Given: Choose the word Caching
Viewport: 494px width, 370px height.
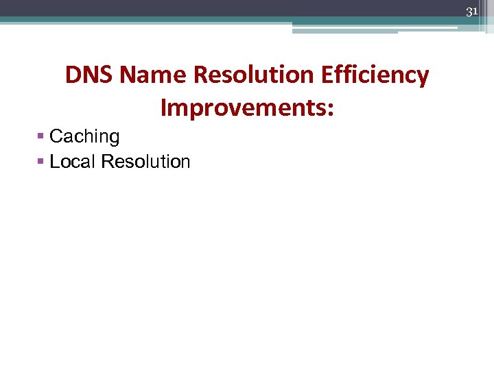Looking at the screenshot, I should pos(84,137).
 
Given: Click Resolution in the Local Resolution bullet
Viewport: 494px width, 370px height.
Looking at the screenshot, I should pos(145,162).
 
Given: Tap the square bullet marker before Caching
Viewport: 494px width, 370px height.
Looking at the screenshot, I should pos(42,137).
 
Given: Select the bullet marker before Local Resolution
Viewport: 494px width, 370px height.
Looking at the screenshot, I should pos(42,162).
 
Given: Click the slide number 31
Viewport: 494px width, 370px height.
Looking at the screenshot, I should pos(471,12).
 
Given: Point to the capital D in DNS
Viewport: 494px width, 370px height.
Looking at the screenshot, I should pos(73,75).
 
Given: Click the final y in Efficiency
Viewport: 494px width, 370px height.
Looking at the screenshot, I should pos(423,78).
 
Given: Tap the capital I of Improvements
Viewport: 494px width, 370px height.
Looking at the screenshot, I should pos(164,107).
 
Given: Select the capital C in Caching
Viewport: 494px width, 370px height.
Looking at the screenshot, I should pos(56,137).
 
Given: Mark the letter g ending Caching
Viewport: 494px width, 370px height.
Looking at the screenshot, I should pos(114,139).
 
